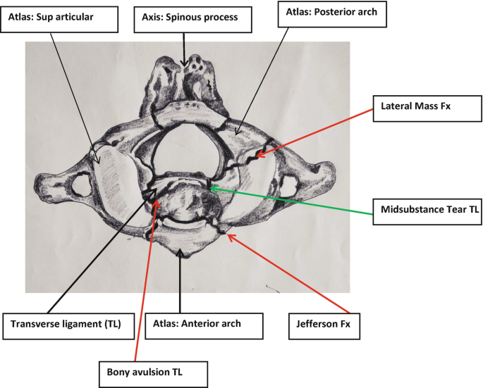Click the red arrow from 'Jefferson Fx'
[289, 275]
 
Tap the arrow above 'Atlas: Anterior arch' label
[181, 282]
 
